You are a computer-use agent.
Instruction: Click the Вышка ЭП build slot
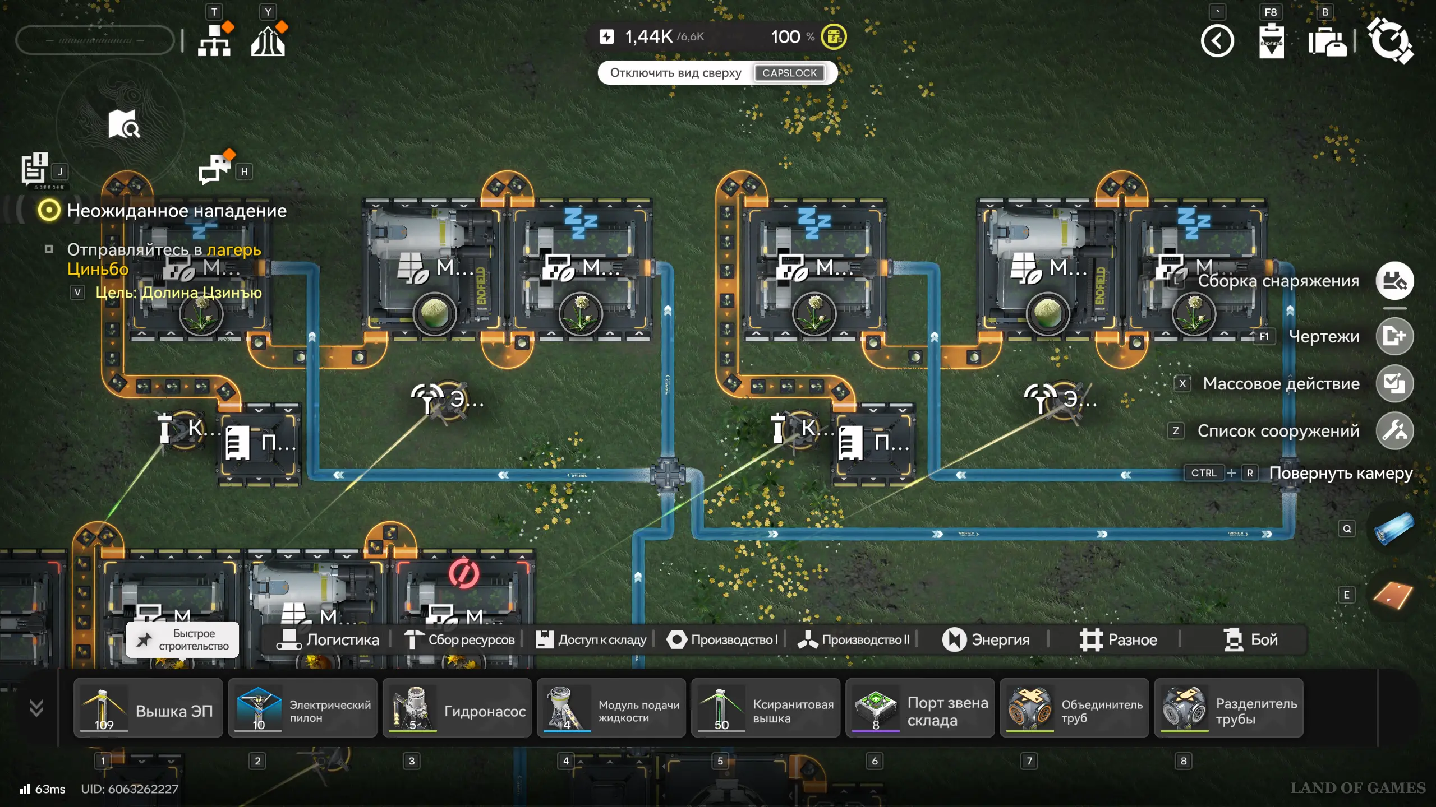point(148,708)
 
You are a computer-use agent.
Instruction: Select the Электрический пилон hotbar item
point(302,708)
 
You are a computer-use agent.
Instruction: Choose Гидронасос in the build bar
point(457,708)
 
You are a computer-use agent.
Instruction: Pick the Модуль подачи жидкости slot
point(611,708)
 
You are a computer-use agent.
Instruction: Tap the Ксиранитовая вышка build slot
point(765,708)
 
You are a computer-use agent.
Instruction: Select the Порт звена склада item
point(919,708)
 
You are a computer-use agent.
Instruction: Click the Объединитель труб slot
point(1074,708)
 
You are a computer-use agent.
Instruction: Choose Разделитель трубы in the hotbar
point(1228,708)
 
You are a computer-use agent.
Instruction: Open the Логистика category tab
point(328,639)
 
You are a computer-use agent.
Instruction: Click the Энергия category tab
point(986,639)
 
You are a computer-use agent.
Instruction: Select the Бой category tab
point(1250,639)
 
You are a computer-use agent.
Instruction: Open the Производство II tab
point(853,639)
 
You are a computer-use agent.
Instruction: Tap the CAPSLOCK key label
point(789,73)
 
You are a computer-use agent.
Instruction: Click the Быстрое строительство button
point(182,639)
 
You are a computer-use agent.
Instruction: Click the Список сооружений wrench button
point(1394,430)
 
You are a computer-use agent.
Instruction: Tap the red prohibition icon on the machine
point(464,573)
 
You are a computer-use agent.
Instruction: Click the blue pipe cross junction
point(668,475)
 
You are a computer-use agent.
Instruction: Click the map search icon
point(124,124)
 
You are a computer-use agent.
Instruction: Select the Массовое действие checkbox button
point(1394,383)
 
